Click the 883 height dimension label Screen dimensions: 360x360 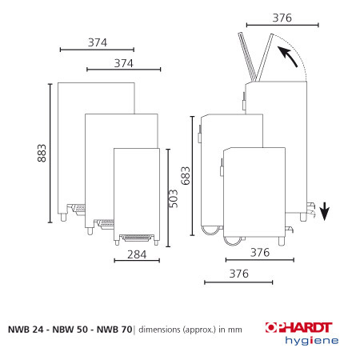point(42,153)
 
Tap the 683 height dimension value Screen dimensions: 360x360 point(186,176)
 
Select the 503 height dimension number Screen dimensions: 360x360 point(174,198)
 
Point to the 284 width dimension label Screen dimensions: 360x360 point(137,254)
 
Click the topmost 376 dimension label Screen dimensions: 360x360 point(282,18)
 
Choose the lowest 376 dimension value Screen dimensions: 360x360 point(239,274)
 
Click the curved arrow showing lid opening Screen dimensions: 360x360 point(287,56)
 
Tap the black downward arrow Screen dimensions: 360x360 point(325,211)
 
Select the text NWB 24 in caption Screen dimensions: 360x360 point(26,330)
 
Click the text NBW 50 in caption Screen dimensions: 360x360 point(70,330)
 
